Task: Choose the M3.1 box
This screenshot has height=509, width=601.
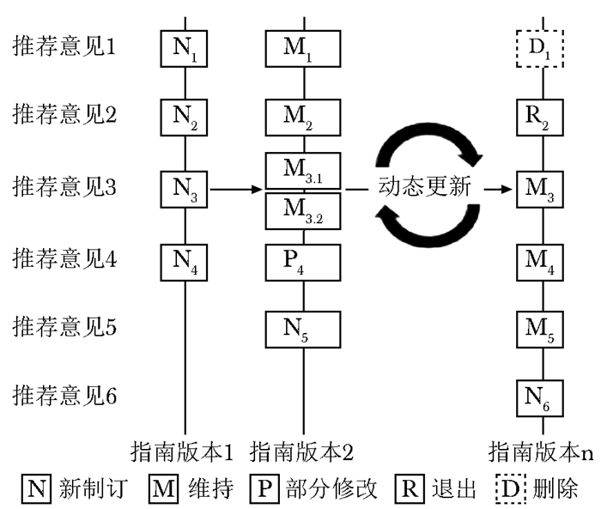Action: pos(304,172)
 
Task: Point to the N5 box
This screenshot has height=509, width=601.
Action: pos(304,327)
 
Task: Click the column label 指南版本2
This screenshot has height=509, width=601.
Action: pos(301,451)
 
